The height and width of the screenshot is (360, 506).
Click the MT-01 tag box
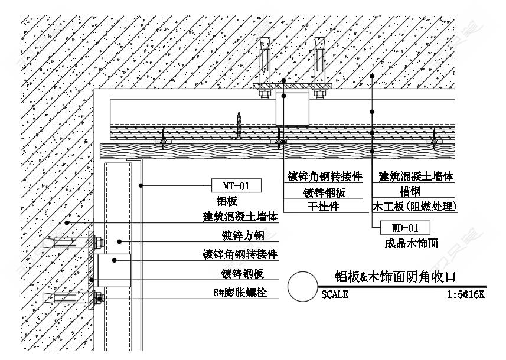click(236, 186)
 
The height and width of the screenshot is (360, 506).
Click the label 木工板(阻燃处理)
click(415, 207)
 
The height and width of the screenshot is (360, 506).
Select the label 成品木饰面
click(410, 243)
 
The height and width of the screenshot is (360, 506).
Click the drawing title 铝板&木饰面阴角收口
click(396, 277)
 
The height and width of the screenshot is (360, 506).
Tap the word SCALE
click(335, 294)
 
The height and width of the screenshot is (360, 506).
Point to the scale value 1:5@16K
click(466, 294)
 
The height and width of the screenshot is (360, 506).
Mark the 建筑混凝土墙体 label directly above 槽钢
click(416, 176)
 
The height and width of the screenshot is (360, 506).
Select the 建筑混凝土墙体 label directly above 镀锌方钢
click(240, 217)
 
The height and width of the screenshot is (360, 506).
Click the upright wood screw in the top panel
click(239, 125)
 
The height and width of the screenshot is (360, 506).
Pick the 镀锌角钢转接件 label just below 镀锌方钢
click(240, 254)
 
